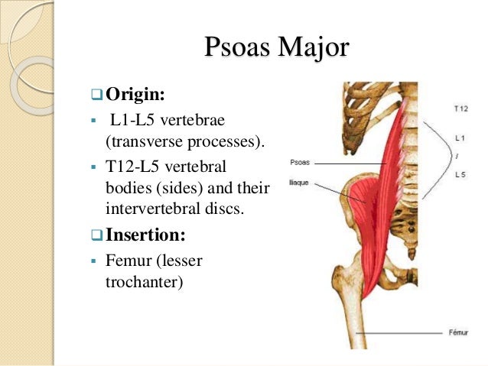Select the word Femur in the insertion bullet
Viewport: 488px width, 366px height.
tap(123, 261)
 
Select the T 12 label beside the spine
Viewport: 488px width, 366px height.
tap(460, 109)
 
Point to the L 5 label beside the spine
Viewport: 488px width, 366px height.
tap(460, 175)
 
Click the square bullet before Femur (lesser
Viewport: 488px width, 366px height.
tap(92, 261)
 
